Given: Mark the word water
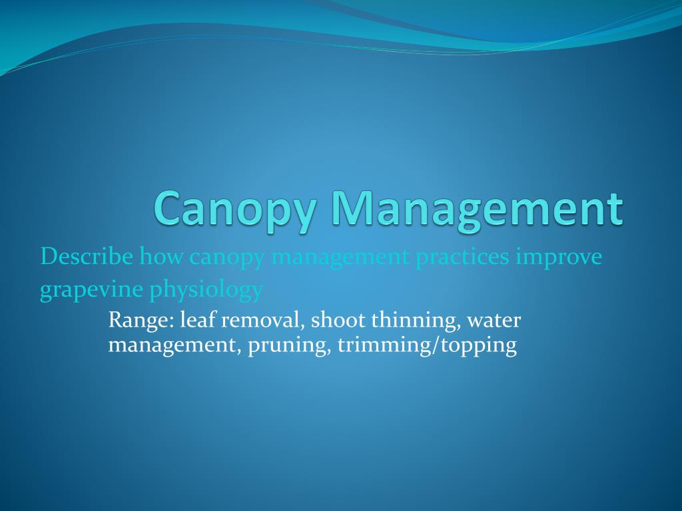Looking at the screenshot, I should pos(494,321).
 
